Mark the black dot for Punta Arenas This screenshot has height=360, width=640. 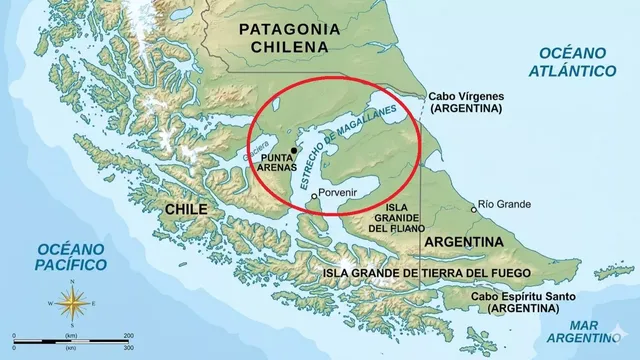[294, 150]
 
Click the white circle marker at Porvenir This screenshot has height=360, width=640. [314, 196]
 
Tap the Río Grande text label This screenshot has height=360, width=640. [506, 204]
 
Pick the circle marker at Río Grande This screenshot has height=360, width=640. [474, 209]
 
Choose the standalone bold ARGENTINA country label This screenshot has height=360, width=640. [463, 242]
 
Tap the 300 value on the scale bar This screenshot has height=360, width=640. [128, 347]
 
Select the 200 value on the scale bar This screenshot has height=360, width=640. [128, 334]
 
